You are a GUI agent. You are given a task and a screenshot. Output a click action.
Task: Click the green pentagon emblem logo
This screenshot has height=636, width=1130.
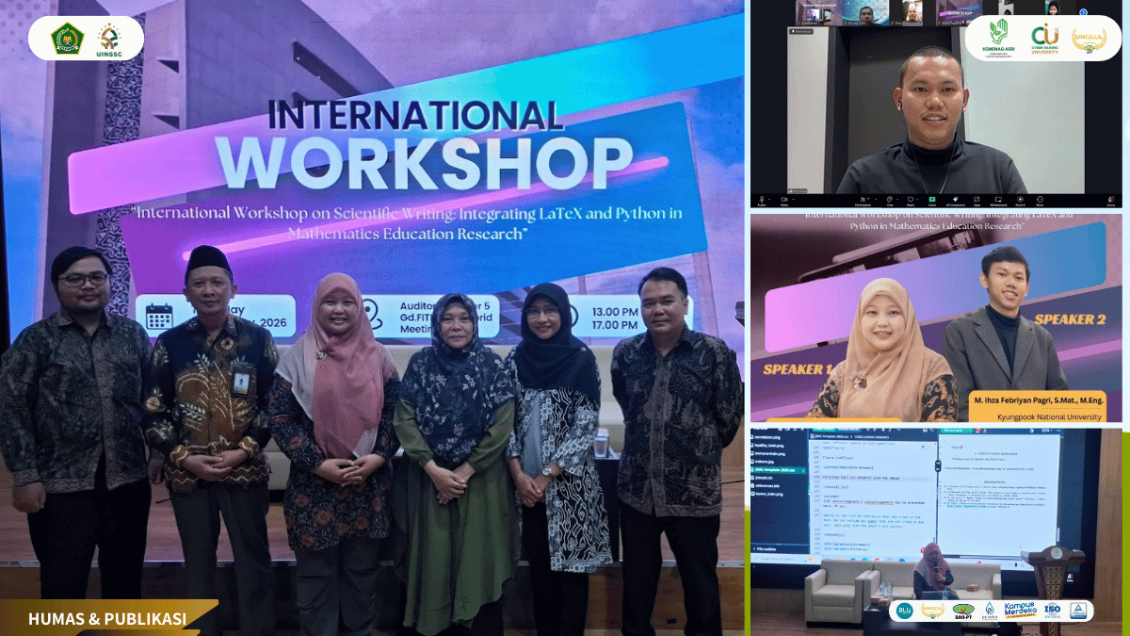[x=67, y=38]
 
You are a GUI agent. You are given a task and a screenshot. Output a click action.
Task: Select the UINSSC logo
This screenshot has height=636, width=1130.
[x=110, y=39]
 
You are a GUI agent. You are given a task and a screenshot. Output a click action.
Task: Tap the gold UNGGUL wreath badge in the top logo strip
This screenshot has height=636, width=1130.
[x=1090, y=39]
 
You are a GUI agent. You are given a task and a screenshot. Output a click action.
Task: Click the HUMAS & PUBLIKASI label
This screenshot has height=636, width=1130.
[x=106, y=619]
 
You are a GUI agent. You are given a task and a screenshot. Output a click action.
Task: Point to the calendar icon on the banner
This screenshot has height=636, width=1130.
[x=159, y=316]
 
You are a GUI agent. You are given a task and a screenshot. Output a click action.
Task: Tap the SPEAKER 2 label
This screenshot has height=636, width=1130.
[x=1069, y=319]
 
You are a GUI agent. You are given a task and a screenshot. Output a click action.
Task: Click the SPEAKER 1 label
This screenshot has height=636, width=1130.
[x=793, y=367]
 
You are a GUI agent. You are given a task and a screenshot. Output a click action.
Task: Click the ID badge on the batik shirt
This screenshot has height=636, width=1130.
[x=241, y=381]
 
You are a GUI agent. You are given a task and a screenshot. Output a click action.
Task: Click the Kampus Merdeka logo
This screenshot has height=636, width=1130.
[x=1019, y=611]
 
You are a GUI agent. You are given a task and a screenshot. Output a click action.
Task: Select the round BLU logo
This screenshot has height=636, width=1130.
[x=904, y=611]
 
